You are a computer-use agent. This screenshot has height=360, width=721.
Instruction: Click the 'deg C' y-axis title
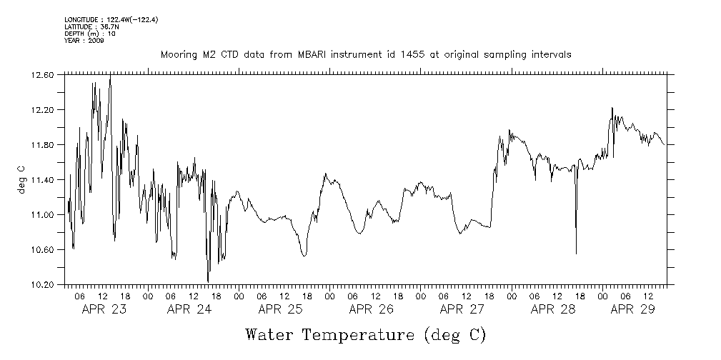21,179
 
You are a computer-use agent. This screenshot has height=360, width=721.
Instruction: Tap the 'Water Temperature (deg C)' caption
365,334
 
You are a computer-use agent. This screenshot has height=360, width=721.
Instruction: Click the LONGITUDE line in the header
111,19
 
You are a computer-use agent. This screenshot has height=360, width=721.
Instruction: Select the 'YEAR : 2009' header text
84,41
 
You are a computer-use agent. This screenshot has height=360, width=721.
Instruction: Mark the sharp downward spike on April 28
576,253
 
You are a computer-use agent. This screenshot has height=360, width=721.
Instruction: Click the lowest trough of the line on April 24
208,281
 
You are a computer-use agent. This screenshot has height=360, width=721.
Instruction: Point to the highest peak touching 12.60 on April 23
110,76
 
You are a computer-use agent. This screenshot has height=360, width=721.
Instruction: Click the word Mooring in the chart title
179,55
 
